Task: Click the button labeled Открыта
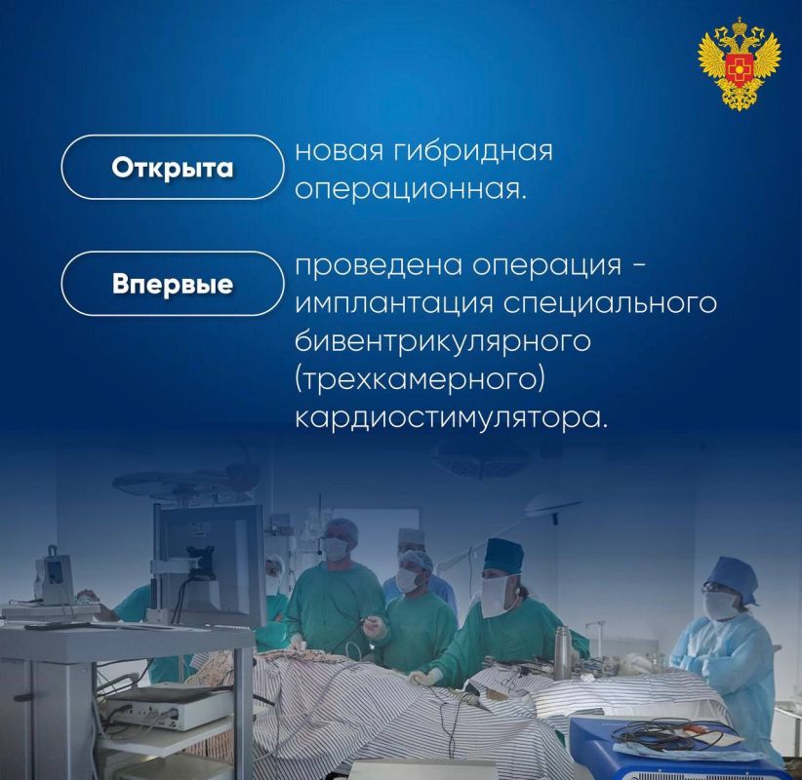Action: (173, 167)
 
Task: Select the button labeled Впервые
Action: (173, 284)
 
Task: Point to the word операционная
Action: (411, 190)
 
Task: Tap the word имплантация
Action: (394, 303)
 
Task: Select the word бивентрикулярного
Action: (443, 342)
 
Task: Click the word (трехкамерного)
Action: (420, 381)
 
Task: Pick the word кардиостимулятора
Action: (452, 419)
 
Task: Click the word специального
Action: (610, 303)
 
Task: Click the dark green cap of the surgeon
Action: (504, 557)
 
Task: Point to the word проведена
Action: (378, 265)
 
